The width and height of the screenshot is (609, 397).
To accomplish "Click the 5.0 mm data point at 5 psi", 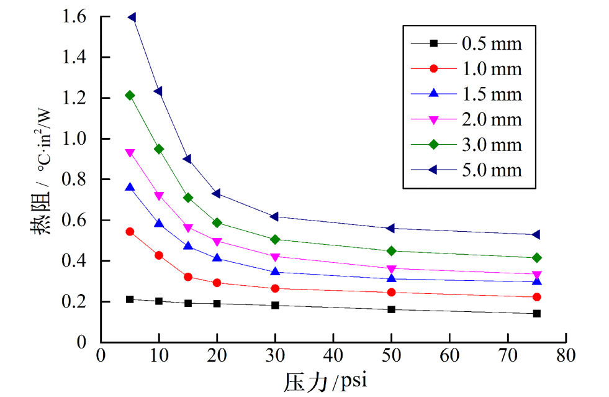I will click(x=132, y=17).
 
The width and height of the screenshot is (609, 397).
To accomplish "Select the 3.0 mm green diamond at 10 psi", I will click(x=159, y=149).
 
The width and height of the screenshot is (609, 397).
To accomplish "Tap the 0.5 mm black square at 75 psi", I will click(x=536, y=314).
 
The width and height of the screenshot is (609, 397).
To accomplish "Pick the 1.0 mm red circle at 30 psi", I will click(x=275, y=288).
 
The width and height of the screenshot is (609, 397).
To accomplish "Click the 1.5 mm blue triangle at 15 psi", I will click(x=188, y=246).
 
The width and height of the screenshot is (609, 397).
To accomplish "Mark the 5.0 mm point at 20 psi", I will click(x=217, y=194).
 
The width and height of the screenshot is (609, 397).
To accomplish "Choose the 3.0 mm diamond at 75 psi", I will click(x=536, y=258).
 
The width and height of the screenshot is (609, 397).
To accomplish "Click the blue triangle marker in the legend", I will click(x=435, y=93).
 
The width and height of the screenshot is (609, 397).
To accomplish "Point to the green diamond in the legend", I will click(x=435, y=144).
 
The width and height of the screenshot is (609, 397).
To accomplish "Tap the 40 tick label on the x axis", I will click(x=333, y=355).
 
